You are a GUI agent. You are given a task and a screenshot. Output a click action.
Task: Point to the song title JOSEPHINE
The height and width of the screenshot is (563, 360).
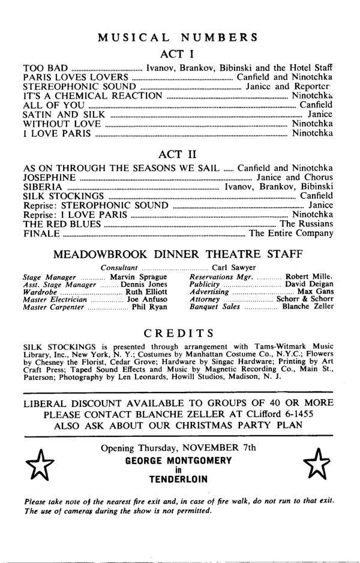49,178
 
